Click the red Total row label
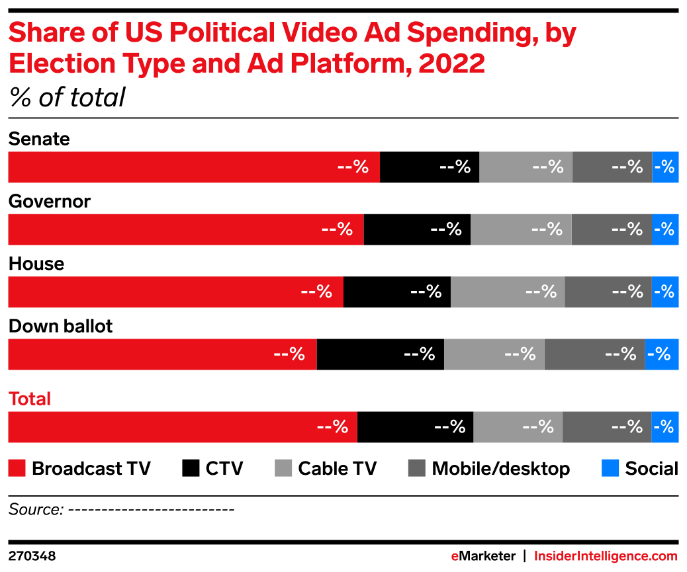coord(30,399)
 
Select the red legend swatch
coord(17,468)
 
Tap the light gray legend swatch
coord(283,468)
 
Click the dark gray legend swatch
coord(416,468)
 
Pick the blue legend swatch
coord(610,468)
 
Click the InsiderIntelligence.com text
coord(606,556)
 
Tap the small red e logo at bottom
coord(455,556)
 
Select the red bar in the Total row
coord(182,427)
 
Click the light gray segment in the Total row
coord(518,427)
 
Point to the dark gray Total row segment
coord(606,427)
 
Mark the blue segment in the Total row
coord(664,427)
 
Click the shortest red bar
coord(161,354)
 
